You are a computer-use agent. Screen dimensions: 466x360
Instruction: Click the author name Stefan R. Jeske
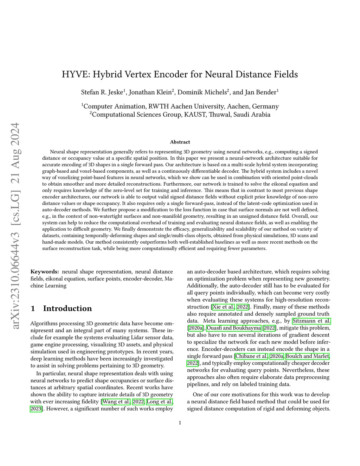pos(102,92)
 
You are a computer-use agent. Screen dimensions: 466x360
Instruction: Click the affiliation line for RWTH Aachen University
pos(180,106)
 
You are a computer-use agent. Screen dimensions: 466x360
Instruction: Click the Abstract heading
pos(180,142)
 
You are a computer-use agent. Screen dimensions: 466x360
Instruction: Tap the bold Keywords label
pos(45,272)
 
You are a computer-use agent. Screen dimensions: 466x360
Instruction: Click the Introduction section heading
pos(67,308)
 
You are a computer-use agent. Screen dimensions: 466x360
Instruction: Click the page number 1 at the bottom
pos(180,423)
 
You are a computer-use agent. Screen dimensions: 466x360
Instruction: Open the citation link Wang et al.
pos(116,402)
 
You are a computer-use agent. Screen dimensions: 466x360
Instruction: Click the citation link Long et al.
pos(160,402)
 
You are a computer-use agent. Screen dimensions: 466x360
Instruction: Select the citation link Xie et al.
pos(223,307)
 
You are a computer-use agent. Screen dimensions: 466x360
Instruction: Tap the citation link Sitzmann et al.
pos(311,321)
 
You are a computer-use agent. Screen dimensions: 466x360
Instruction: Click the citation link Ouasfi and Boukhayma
pos(234,328)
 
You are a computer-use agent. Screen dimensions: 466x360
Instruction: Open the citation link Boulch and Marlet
pos(308,356)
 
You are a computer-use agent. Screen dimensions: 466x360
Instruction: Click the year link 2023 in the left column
pos(36,409)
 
